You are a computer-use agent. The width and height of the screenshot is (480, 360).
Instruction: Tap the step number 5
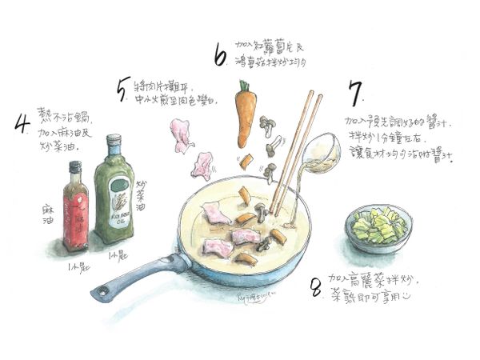(122, 93)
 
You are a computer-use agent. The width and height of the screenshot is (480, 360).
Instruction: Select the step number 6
(221, 55)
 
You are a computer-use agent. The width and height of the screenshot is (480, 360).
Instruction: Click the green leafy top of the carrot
(244, 86)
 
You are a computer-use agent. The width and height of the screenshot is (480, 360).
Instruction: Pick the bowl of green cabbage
(379, 228)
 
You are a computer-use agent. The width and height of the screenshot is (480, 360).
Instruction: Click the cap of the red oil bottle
(74, 169)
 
